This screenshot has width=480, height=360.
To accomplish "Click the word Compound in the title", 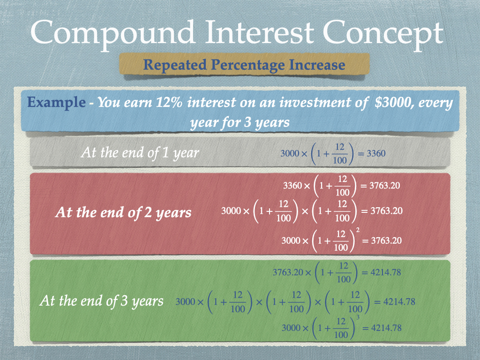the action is point(112,33).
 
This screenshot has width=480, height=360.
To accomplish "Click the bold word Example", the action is point(56,102).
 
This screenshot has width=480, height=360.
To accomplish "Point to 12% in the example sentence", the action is point(169,102).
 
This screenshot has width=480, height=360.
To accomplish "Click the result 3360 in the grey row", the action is point(376,153).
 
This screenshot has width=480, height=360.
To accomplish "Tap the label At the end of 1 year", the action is point(140,152).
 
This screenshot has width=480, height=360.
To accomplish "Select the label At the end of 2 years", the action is point(123,212).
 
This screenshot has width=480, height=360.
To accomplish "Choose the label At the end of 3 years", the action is point(101,301).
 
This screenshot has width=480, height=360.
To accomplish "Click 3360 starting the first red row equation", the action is point(292,186).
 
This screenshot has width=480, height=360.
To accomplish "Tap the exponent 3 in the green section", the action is point(358,318).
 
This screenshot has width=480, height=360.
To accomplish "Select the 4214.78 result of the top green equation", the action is point(385,272).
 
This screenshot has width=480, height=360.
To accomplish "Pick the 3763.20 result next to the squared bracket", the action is point(386,240).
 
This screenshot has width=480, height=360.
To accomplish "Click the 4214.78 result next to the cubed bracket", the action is point(386,328).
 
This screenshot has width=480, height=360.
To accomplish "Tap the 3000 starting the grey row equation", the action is point(290,153).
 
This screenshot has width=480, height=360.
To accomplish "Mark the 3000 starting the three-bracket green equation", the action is point(185,302).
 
